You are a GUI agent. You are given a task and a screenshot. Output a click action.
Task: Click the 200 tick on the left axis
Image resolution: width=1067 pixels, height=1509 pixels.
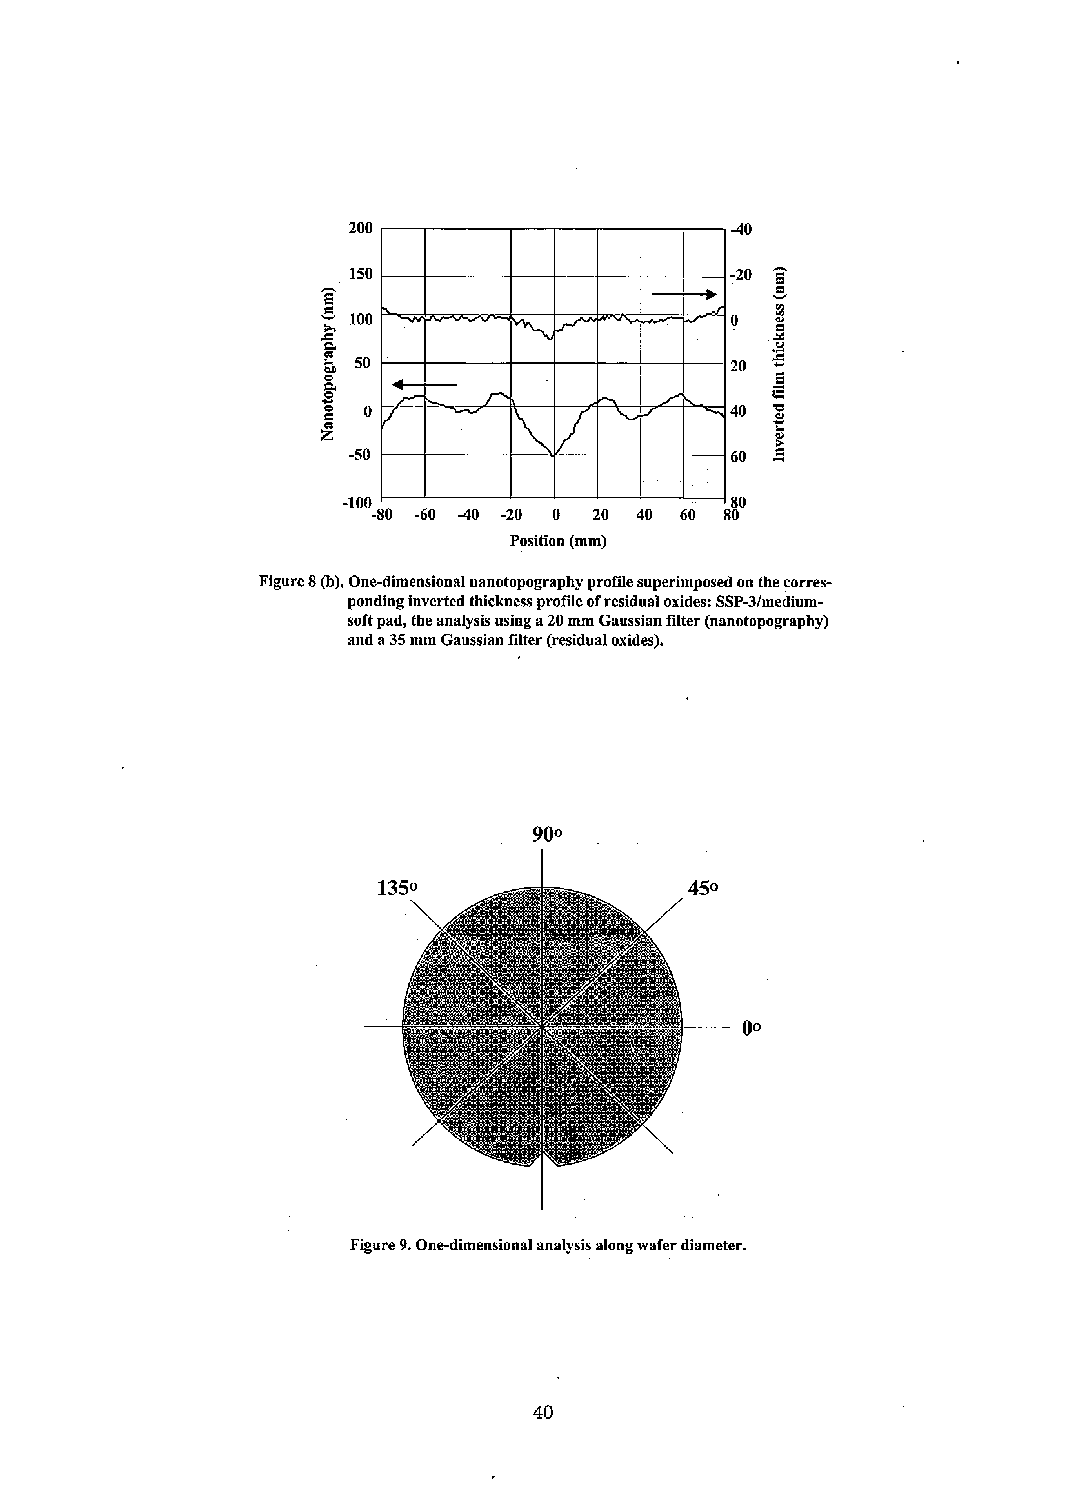coord(360,228)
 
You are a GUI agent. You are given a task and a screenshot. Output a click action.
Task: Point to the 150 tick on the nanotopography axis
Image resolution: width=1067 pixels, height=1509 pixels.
coord(360,273)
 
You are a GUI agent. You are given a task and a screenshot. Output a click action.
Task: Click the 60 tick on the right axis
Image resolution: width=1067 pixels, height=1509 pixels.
coord(738,456)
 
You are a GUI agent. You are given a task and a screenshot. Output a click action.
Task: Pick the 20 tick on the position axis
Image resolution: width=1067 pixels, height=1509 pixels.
coord(600,515)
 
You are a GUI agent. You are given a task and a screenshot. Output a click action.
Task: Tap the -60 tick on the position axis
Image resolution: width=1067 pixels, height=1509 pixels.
coord(424,515)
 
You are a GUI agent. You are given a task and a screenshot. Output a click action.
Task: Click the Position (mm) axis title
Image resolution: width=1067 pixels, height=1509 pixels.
coord(558,541)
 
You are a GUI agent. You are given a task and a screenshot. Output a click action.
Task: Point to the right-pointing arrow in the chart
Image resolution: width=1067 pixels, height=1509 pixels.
coord(684,294)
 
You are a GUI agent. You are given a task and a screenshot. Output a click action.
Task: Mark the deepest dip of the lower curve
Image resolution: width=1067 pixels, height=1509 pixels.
coord(553,455)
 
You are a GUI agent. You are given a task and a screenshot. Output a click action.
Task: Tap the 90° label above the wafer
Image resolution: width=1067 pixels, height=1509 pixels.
coord(547,834)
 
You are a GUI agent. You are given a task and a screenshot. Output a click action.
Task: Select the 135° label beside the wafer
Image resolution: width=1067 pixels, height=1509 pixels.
coord(397,888)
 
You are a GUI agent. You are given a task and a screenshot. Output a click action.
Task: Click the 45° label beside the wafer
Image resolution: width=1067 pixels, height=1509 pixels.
coord(703,888)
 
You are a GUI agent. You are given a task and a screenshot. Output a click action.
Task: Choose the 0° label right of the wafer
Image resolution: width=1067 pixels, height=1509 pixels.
coord(751,1027)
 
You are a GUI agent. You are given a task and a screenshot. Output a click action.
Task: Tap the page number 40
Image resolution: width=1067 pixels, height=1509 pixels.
coord(543,1412)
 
